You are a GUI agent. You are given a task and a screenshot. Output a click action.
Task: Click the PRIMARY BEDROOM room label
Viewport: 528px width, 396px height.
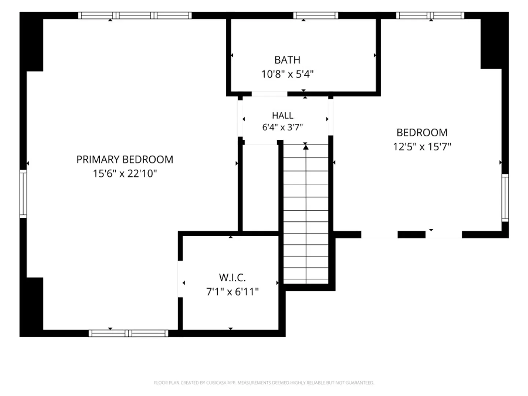click(125, 159)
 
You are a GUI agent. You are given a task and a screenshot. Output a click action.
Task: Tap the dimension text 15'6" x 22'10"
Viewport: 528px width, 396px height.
click(125, 173)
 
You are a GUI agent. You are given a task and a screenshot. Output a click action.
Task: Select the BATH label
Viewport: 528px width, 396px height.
click(287, 60)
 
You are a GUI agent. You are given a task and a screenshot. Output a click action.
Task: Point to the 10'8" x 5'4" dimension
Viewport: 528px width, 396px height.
click(287, 74)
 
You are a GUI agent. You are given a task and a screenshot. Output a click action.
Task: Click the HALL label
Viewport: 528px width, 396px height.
click(282, 115)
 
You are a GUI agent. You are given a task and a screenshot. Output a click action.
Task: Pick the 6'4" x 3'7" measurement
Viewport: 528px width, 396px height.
click(282, 127)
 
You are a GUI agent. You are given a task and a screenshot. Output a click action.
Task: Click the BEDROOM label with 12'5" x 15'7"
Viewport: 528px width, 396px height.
click(422, 132)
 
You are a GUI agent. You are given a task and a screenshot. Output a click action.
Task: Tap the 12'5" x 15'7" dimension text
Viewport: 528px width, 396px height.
click(422, 146)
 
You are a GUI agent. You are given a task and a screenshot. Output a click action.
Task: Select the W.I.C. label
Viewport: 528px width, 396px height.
click(232, 278)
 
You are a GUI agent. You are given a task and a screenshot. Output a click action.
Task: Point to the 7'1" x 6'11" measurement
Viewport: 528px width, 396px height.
click(232, 291)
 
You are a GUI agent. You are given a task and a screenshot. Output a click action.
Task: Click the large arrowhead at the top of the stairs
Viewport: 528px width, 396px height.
click(305, 147)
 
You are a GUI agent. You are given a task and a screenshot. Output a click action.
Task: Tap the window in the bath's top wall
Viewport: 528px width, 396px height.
click(315, 15)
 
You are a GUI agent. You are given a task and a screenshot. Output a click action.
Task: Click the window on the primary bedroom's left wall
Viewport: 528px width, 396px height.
click(23, 194)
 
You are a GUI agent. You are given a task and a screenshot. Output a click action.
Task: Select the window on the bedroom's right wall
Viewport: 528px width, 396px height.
click(505, 198)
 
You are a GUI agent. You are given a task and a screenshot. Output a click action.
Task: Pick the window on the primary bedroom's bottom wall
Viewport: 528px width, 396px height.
click(128, 333)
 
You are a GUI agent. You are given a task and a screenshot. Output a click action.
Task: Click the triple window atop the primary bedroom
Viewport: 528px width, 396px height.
click(135, 15)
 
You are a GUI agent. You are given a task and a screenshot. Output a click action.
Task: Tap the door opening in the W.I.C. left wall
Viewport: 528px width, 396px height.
click(180, 279)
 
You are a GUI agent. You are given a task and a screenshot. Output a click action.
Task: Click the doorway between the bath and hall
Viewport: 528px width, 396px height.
click(269, 94)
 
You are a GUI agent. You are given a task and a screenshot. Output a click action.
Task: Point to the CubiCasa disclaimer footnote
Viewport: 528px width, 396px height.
click(264, 382)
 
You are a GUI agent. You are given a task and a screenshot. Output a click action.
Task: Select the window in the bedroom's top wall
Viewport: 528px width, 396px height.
click(430, 15)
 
